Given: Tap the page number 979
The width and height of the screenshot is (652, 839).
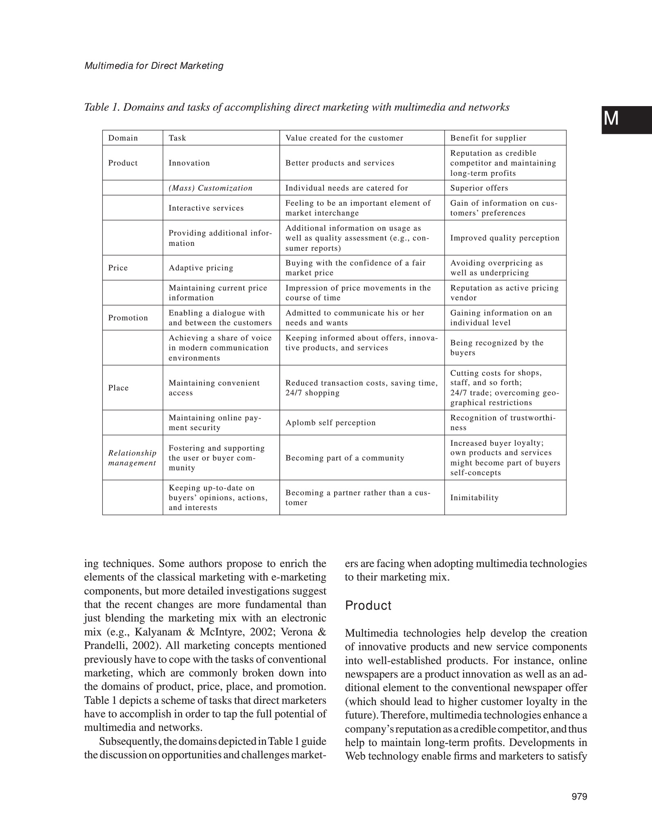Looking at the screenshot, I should coord(579,797).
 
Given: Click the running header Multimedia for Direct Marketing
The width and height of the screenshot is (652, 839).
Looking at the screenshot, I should coord(154,66).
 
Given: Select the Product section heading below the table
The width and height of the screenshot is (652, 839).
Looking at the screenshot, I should coord(368,605).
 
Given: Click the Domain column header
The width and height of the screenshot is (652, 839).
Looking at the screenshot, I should coord(123,138).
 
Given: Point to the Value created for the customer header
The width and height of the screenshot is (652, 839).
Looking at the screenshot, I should coord(344,138).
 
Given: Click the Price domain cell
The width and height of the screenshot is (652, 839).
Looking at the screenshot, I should coord(118,268).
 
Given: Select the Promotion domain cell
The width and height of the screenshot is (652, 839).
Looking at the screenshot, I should coord(128,318).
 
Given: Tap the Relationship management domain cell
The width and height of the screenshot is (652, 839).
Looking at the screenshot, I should coord(132,458).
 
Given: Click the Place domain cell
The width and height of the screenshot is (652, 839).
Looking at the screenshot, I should coord(118,388).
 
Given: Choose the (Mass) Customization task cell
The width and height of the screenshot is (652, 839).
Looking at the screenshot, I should coord(211,188).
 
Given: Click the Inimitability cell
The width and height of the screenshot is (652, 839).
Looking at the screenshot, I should coord(474,498).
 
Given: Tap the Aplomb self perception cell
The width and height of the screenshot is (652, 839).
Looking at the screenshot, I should coord(330,423).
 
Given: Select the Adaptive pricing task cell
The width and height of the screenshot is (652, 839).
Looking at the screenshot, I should coord(201,268).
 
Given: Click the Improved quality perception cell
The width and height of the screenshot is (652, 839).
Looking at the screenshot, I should coord(505,238).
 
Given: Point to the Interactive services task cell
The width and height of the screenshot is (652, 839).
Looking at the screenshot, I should coord(206,208).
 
